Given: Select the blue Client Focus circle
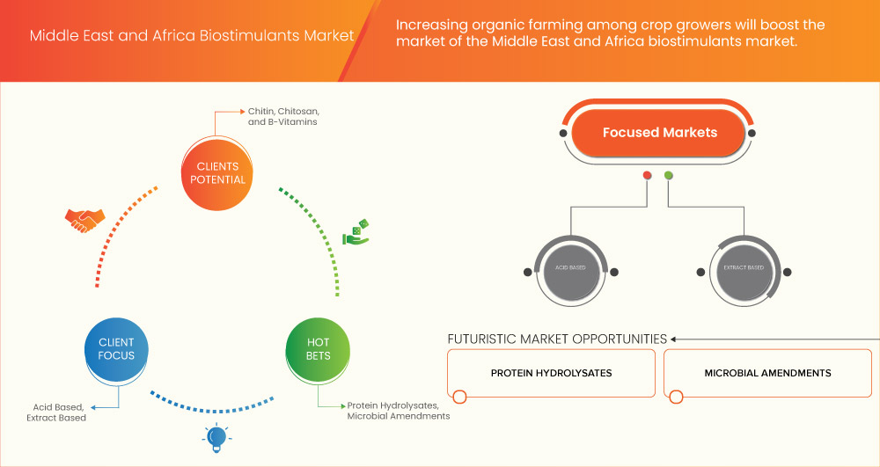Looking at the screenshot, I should click(116, 349).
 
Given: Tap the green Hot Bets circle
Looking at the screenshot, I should click(319, 349).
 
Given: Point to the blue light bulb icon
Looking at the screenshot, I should click(214, 436).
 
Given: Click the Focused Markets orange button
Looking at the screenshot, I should click(659, 133).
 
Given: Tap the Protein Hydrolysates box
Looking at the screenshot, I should click(551, 373).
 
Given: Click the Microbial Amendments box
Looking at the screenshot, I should click(767, 373).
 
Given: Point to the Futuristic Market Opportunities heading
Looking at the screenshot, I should click(557, 339).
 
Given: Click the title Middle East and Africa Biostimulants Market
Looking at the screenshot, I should click(192, 36).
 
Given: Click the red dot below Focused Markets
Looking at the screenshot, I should click(648, 175).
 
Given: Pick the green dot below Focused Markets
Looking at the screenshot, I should click(669, 175).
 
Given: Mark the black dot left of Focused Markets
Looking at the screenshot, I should click(562, 134).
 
